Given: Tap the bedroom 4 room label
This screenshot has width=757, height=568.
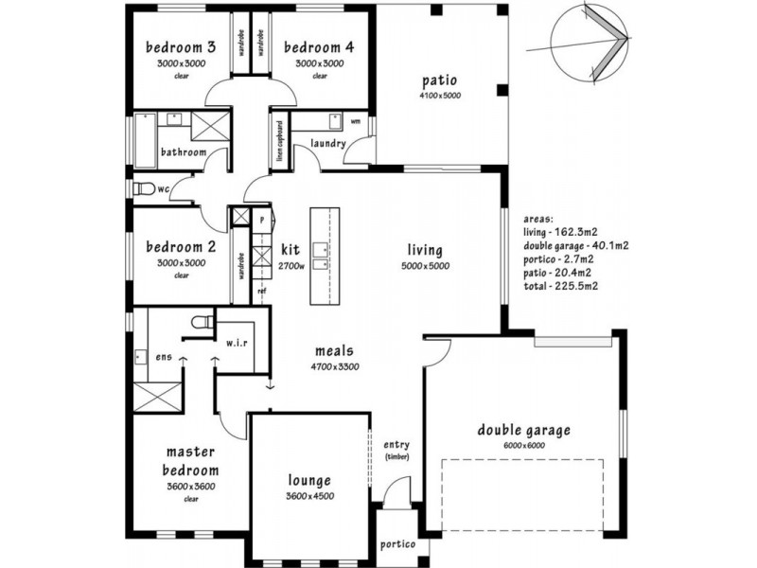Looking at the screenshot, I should tap(318, 47).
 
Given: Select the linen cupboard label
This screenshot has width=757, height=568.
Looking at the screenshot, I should tap(281, 141).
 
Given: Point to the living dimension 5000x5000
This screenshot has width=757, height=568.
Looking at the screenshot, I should tap(425, 266).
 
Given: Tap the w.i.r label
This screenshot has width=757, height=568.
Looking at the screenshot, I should tap(237, 343).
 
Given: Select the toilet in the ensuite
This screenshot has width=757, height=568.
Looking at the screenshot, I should tap(200, 325).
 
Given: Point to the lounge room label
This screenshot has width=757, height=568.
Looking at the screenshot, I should tap(309, 481).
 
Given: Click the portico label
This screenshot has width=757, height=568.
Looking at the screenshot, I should tap(397, 544).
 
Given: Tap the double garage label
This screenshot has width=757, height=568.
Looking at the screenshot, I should tap(523, 431).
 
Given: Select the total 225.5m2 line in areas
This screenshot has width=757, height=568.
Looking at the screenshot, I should tap(561, 285).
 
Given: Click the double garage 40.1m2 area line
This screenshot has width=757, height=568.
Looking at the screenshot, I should tap(575, 244).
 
